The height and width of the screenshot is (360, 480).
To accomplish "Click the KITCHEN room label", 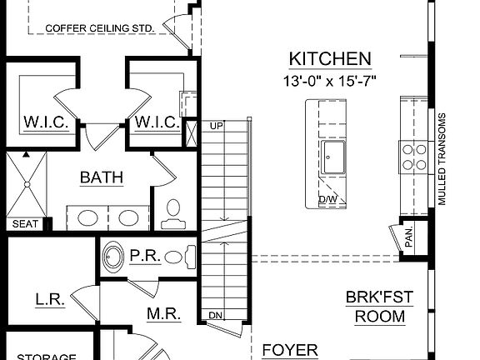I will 329,58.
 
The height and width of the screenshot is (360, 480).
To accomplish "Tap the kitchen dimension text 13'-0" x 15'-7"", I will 329,81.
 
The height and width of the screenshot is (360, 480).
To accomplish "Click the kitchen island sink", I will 337,156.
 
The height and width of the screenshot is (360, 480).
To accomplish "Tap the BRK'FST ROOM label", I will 379,307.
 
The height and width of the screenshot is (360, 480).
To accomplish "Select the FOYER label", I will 290,350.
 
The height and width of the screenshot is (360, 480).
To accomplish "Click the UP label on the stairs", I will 217,126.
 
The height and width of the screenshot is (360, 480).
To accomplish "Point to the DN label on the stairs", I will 215,315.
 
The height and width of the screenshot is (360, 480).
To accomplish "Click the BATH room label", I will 102,177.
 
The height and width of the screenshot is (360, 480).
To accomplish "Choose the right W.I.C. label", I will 156,122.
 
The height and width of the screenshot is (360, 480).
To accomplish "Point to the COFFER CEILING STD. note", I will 100,27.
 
